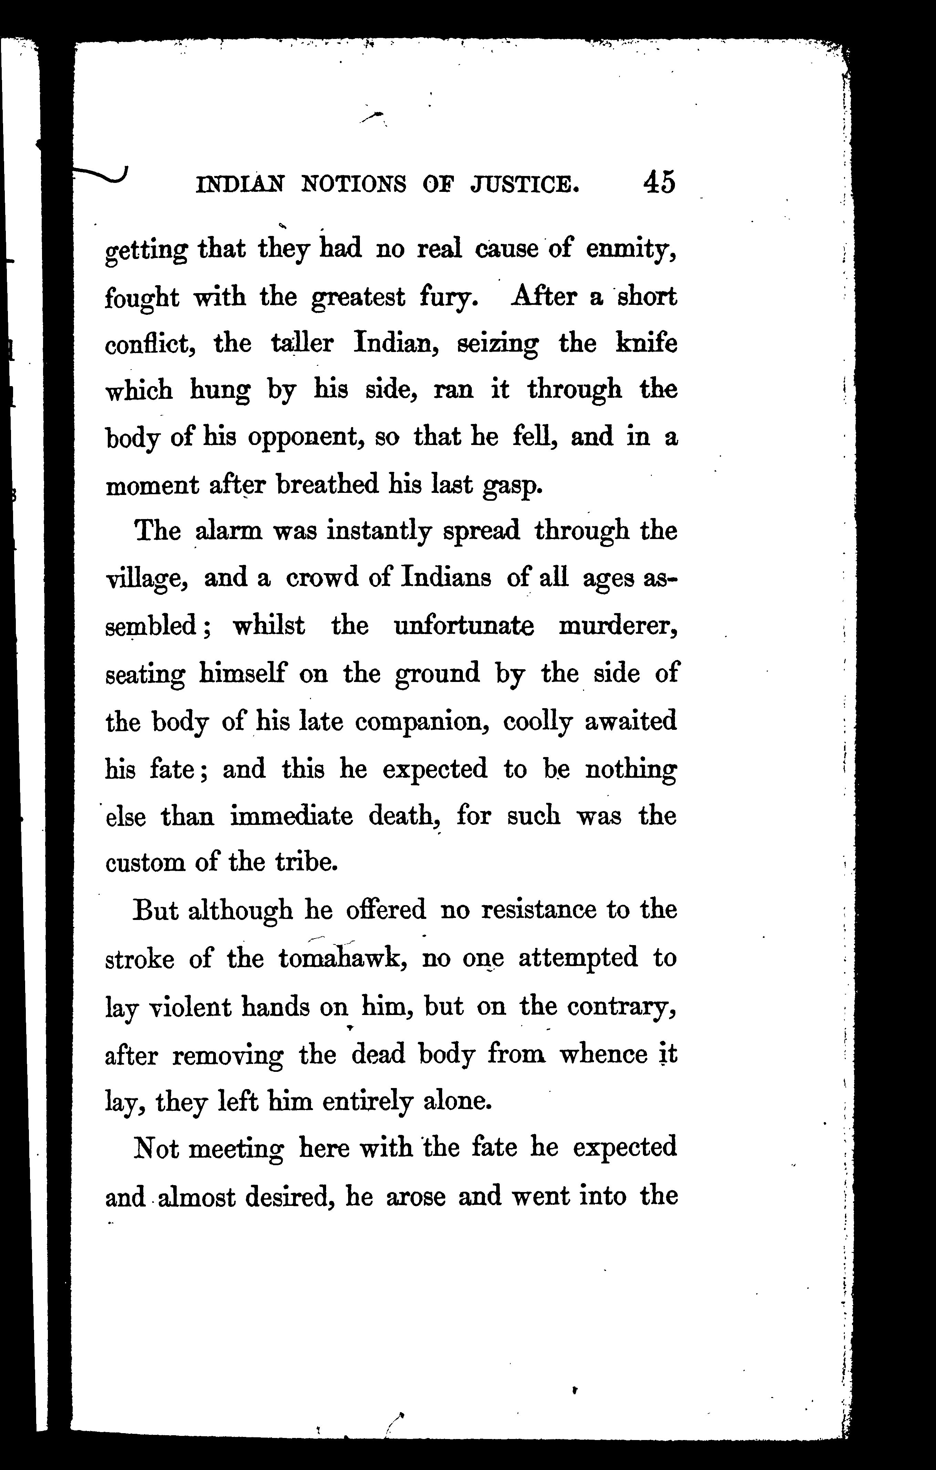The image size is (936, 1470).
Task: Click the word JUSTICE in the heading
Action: coord(524,184)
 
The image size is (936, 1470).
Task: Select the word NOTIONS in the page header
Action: coord(354,184)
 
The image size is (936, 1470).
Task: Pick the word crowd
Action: coord(322,578)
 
